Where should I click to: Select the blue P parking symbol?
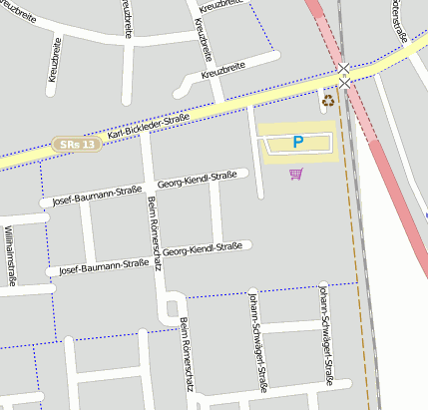297,144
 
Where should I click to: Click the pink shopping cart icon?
295,175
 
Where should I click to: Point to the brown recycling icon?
328,100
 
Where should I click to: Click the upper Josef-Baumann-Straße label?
97,195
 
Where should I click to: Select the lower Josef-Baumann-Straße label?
104,267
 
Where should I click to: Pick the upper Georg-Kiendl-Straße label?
197,180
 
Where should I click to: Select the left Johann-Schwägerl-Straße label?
257,341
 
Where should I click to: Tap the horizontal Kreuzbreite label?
222,72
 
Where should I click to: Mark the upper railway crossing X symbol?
344,69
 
